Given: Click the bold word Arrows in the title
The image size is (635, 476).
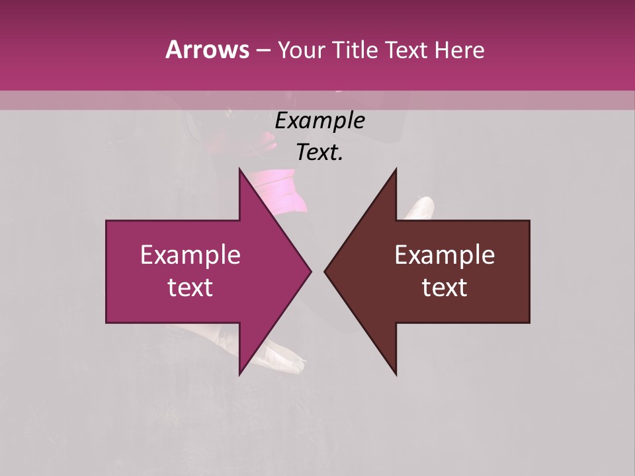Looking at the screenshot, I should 207,50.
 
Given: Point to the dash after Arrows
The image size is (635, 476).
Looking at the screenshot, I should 263,50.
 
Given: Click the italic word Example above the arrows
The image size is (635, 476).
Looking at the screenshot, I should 319,121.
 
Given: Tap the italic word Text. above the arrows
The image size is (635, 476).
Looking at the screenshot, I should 319,153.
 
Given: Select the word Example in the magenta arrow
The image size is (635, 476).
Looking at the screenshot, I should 190,255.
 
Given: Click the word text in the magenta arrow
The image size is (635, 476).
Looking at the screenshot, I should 190,288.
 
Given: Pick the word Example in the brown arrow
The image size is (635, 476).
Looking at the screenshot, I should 444,255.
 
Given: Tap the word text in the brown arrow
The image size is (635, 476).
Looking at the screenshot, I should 444,288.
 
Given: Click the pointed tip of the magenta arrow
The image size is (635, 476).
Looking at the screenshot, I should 310,271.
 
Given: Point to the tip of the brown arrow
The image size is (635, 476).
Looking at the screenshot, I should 325,271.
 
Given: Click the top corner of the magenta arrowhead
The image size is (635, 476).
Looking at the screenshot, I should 239,169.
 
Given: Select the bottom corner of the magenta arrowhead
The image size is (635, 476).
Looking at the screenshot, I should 239,374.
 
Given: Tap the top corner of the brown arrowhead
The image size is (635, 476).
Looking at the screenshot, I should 396,169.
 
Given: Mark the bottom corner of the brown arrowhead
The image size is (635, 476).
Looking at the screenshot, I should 396,374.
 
